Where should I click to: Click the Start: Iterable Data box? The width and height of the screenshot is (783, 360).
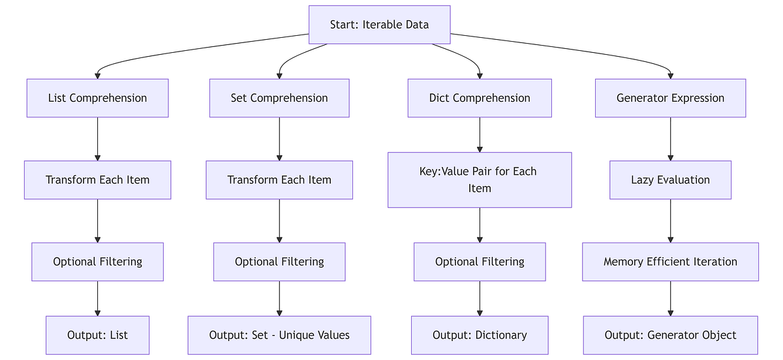[x=379, y=25]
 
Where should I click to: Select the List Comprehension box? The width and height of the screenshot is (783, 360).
[x=97, y=98]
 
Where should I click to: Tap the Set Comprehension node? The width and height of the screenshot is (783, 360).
[x=279, y=98]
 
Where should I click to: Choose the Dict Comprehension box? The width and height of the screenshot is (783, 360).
[x=480, y=98]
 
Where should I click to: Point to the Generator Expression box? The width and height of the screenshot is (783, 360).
[x=670, y=98]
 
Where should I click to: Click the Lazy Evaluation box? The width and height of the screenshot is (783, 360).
[x=670, y=180]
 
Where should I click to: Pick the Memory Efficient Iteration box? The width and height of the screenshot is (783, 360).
[x=670, y=262]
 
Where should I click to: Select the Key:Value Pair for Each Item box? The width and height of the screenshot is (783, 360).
[x=480, y=180]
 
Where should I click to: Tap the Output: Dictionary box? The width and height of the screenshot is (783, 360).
[x=480, y=335]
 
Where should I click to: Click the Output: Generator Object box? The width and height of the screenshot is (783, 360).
[x=670, y=335]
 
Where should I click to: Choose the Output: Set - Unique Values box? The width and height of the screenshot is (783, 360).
[x=279, y=335]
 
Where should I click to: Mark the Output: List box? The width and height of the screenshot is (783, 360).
[x=97, y=335]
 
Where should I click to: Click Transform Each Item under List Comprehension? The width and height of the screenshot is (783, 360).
[x=97, y=180]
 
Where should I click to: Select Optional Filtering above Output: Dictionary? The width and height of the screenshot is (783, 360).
[x=480, y=262]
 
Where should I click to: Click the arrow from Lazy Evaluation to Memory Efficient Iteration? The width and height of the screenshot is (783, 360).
[x=670, y=221]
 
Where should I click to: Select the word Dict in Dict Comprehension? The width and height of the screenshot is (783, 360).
[x=440, y=98]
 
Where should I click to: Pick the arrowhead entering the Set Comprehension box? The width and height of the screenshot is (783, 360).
[x=279, y=75]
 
